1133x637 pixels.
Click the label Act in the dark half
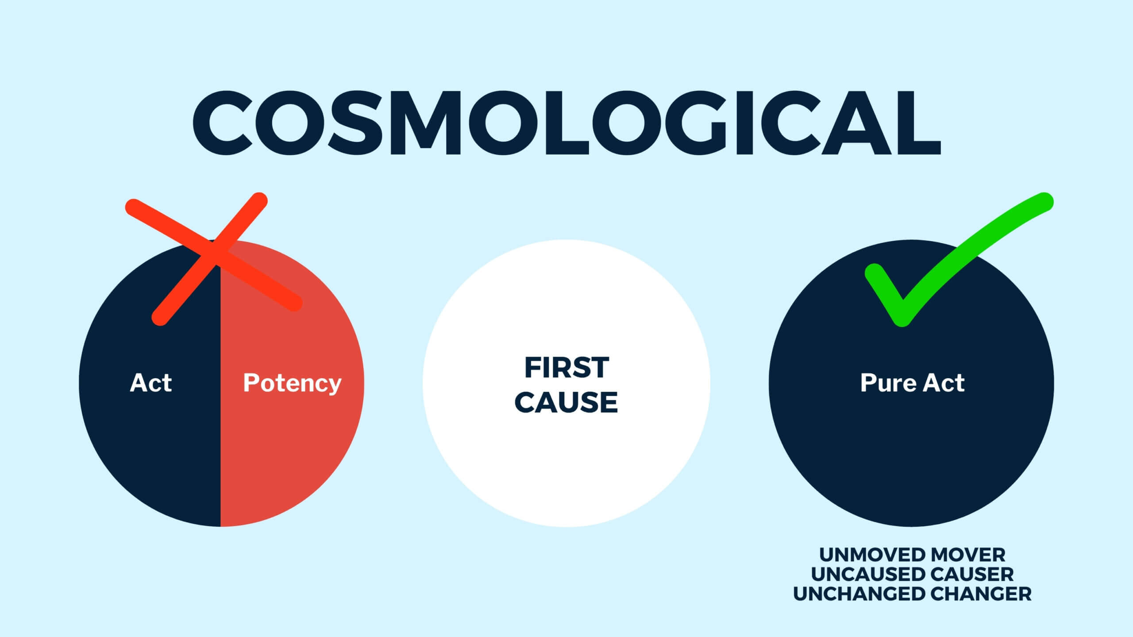coord(150,383)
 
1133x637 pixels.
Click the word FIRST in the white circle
coord(566,368)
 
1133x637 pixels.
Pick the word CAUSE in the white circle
coord(566,402)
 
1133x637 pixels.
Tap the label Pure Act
coord(912,383)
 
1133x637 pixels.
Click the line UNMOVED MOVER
coord(912,555)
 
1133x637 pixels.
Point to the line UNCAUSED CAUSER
coord(912,574)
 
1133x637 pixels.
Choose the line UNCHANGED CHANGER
coord(912,594)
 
